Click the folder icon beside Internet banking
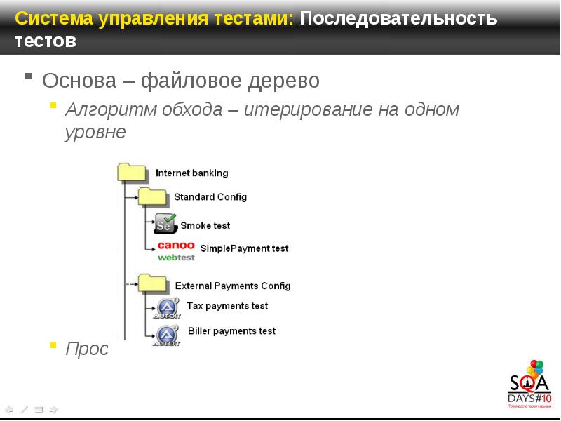coord(132,173)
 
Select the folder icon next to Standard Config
coord(152,197)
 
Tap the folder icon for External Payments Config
coord(153,284)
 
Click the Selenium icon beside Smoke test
coord(165,224)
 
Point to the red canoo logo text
coord(176,245)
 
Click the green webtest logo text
coord(176,258)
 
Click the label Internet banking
coord(191,173)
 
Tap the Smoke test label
coord(205,225)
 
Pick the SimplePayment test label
coord(244,248)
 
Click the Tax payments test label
coord(227,306)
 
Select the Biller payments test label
coord(231,330)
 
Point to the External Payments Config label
coord(232,286)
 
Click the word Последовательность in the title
coord(398,18)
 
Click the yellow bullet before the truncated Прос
coord(54,345)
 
